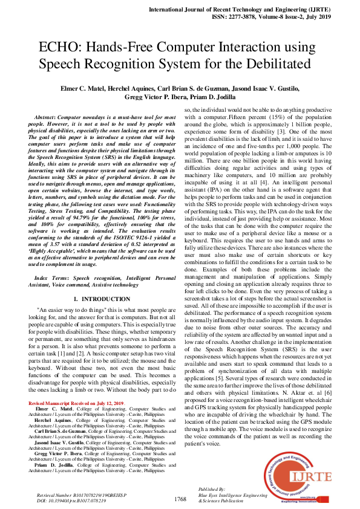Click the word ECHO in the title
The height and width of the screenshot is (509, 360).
click(57, 47)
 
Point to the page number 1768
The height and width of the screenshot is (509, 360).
click(180, 499)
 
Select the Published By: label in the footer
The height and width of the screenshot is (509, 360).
click(212, 489)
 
